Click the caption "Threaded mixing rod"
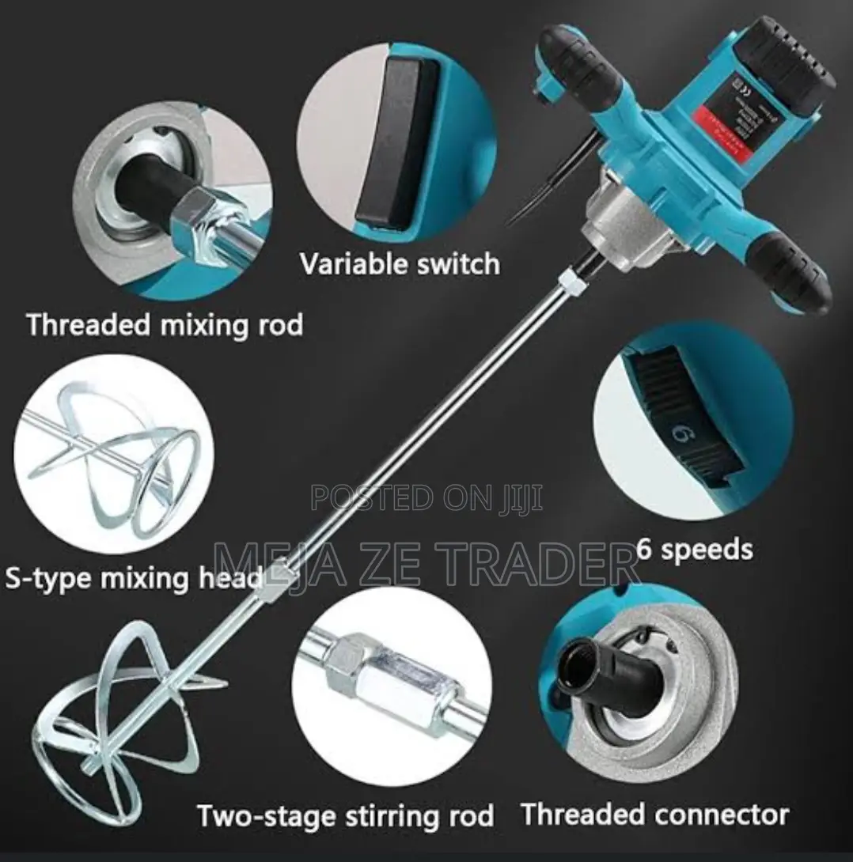click(x=165, y=326)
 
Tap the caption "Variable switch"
click(x=400, y=264)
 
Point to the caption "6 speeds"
click(x=695, y=548)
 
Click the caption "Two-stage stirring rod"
click(x=345, y=815)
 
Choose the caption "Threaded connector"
click(x=654, y=814)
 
